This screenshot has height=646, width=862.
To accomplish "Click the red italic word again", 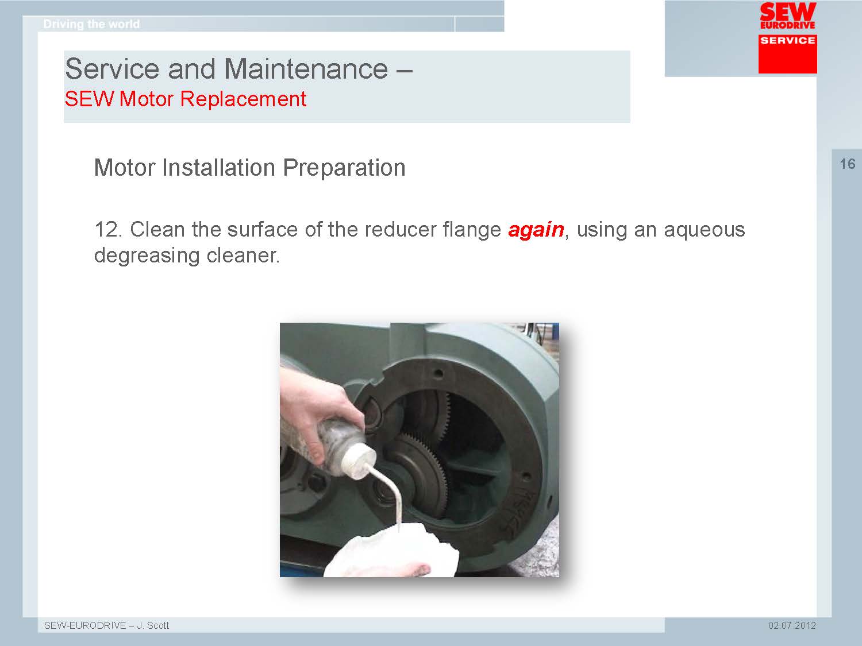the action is pyautogui.click(x=536, y=230).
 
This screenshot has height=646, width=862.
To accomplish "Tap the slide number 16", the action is pyautogui.click(x=848, y=164).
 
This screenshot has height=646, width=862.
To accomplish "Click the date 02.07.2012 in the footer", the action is pyautogui.click(x=792, y=625).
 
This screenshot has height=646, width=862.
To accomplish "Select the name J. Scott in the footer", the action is pyautogui.click(x=153, y=625).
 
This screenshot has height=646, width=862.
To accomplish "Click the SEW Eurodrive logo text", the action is pyautogui.click(x=788, y=16).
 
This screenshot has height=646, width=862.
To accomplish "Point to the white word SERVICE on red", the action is pyautogui.click(x=787, y=40).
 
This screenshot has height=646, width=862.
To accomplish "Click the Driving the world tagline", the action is pyautogui.click(x=91, y=24).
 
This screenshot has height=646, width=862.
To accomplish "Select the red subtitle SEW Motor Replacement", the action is pyautogui.click(x=186, y=99).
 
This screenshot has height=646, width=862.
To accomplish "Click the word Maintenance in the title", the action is pyautogui.click(x=306, y=69).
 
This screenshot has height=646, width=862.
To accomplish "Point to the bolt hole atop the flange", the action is pyautogui.click(x=438, y=373).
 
